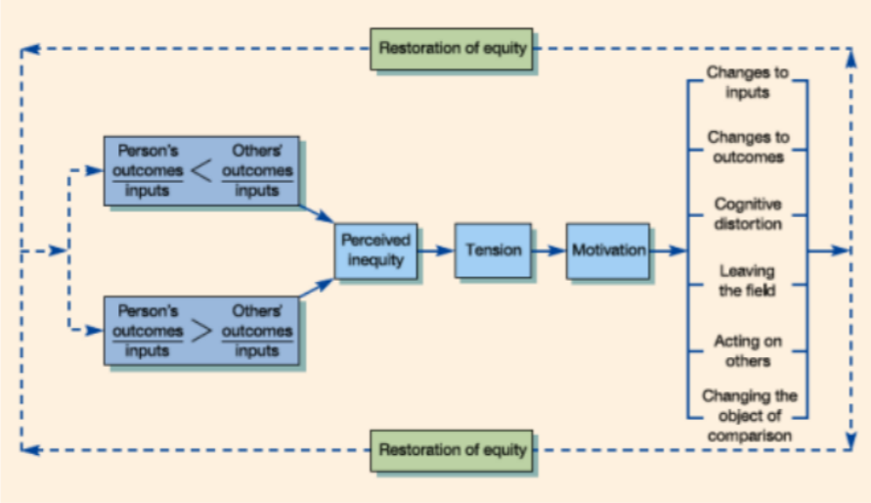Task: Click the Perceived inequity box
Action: click(376, 250)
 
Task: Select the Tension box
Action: click(493, 250)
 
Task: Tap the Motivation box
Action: click(608, 250)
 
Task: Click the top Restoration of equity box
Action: click(453, 48)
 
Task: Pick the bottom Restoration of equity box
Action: click(453, 450)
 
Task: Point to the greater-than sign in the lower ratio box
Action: click(201, 331)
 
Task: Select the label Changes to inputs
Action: click(747, 83)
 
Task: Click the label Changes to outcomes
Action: click(748, 147)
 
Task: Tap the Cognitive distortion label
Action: click(748, 213)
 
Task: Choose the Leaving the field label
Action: click(748, 279)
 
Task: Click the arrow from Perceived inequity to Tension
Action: click(435, 250)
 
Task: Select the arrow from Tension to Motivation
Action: click(548, 250)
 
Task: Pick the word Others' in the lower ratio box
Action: click(257, 311)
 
